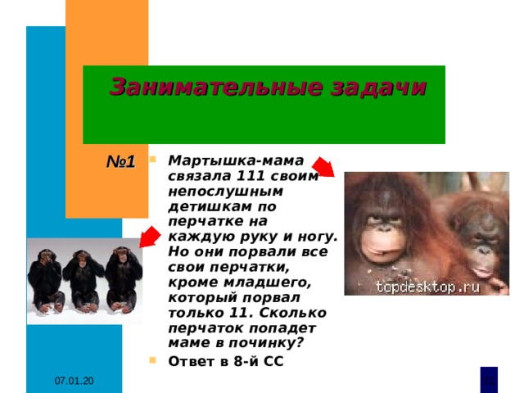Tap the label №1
[120, 161]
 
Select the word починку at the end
[269, 342]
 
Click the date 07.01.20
[75, 382]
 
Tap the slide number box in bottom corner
[488, 378]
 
